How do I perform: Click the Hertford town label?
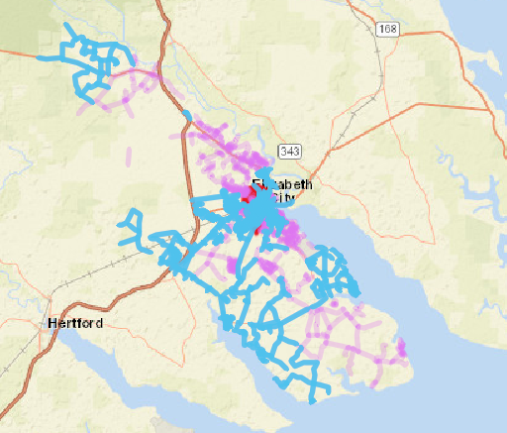coord(74,323)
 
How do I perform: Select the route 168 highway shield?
coord(387,30)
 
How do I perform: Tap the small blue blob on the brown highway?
coord(194,202)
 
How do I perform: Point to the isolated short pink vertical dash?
coord(184,128)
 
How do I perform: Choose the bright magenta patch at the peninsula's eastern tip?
coord(402,347)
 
